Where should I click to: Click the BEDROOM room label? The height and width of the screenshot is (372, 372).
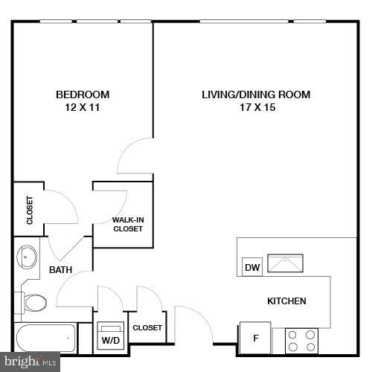pos(83,94)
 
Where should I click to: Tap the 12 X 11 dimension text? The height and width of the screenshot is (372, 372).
pos(83,107)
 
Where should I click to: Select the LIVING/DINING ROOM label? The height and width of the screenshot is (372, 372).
pos(256,94)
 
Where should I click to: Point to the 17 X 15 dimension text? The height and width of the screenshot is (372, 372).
pos(256,107)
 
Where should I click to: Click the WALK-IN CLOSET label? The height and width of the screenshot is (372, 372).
pos(128,224)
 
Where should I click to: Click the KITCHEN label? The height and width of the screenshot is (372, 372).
pos(286,301)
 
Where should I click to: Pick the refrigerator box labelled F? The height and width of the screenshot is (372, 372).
pos(255,339)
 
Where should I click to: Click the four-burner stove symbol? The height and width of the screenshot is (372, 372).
pos(301,341)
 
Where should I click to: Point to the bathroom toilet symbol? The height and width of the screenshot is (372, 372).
pos(33,303)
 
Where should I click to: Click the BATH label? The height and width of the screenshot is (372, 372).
pos(60,270)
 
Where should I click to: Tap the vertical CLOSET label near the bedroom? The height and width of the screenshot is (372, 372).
pos(30,210)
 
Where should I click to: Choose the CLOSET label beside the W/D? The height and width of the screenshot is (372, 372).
pos(147,327)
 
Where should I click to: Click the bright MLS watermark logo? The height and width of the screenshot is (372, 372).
pos(30,362)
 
